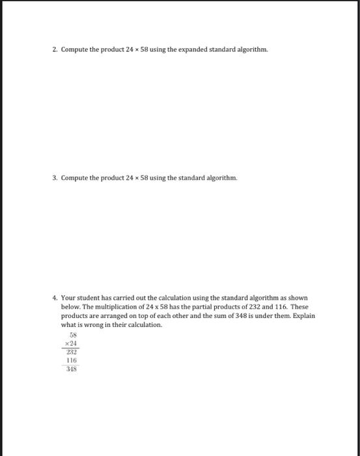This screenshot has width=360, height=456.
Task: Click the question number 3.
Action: (x=55, y=177)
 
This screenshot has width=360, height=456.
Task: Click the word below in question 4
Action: (x=70, y=307)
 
